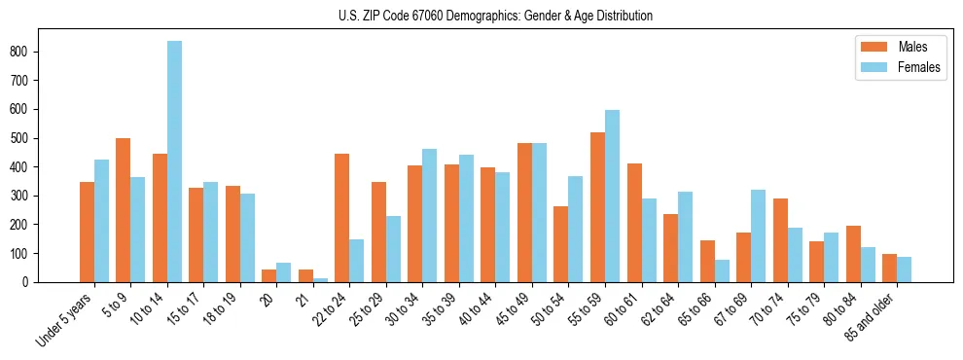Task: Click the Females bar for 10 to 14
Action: (x=174, y=162)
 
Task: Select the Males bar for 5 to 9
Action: (x=124, y=210)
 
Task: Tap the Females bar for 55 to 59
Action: (x=612, y=196)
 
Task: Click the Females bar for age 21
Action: (x=320, y=279)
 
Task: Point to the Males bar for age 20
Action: (x=269, y=275)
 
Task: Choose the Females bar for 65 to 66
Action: (x=722, y=270)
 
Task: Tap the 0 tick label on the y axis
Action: (x=31, y=282)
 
